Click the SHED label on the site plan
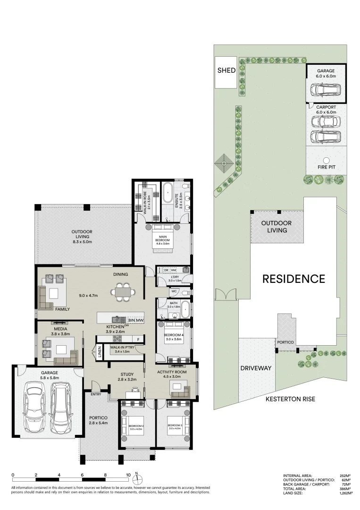(x=226, y=70)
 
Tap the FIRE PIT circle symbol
(x=326, y=160)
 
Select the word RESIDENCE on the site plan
(x=293, y=279)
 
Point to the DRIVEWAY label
(x=256, y=368)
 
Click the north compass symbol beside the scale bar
(x=136, y=479)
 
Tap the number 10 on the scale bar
(x=128, y=475)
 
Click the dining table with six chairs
(x=122, y=292)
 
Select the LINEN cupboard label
(x=100, y=352)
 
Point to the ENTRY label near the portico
(x=96, y=394)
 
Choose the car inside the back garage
(x=325, y=90)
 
